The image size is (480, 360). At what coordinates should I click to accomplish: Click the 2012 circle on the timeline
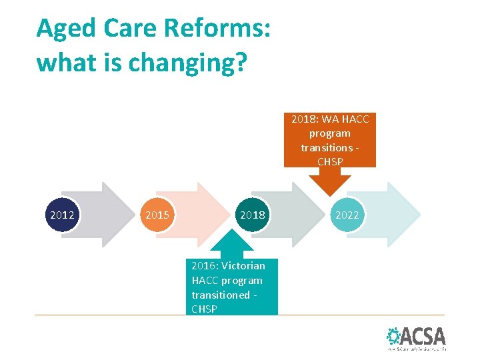[x=62, y=215]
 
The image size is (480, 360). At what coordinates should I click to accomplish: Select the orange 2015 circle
[x=157, y=215]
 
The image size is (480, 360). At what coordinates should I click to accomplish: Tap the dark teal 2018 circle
[x=252, y=215]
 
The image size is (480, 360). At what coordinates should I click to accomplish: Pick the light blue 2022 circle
[x=347, y=215]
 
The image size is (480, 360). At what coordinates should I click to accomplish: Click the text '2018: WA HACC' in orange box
[x=329, y=119]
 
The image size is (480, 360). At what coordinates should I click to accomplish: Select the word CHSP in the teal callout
[x=204, y=309]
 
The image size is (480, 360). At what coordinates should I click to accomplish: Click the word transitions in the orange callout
[x=326, y=147]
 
